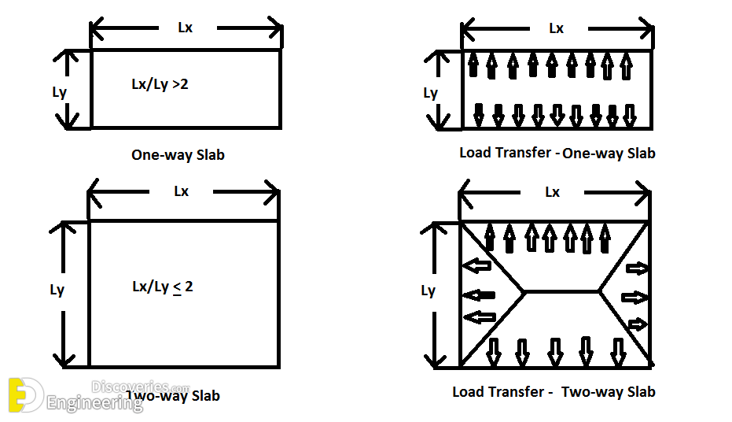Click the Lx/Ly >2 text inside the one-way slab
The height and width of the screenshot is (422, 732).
(x=160, y=84)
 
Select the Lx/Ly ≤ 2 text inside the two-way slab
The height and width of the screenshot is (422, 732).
(x=163, y=287)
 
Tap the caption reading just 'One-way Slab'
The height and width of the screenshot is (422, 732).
(x=178, y=155)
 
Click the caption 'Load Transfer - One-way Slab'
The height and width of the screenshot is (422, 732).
(x=557, y=153)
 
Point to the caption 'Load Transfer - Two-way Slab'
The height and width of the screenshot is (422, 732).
(x=554, y=391)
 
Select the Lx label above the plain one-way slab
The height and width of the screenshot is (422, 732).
(x=185, y=28)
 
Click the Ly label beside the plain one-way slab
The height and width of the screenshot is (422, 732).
(x=59, y=92)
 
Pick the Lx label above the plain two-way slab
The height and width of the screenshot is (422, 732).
(x=182, y=191)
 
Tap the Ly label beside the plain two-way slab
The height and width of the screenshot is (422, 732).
(x=57, y=290)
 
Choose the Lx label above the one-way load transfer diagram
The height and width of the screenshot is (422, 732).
(x=556, y=28)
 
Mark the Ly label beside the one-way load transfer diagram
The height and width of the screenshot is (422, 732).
(x=430, y=93)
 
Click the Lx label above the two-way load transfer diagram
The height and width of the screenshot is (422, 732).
(x=553, y=192)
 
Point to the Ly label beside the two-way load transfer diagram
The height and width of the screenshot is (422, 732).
(x=428, y=291)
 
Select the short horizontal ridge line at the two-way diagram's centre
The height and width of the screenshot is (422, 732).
(x=561, y=291)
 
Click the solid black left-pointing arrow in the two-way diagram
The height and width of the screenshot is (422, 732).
(x=478, y=296)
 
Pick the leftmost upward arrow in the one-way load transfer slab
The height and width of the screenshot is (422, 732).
(x=473, y=65)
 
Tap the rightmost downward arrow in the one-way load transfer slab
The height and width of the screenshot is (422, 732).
(x=631, y=115)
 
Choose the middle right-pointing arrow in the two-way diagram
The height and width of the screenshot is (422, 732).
(x=634, y=297)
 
